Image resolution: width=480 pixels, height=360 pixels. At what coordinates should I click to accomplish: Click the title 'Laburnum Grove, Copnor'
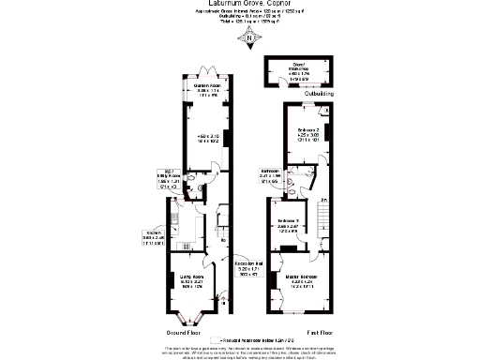(x=239, y=4)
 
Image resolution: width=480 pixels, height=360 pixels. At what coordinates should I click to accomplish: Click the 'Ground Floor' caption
(x=184, y=331)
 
